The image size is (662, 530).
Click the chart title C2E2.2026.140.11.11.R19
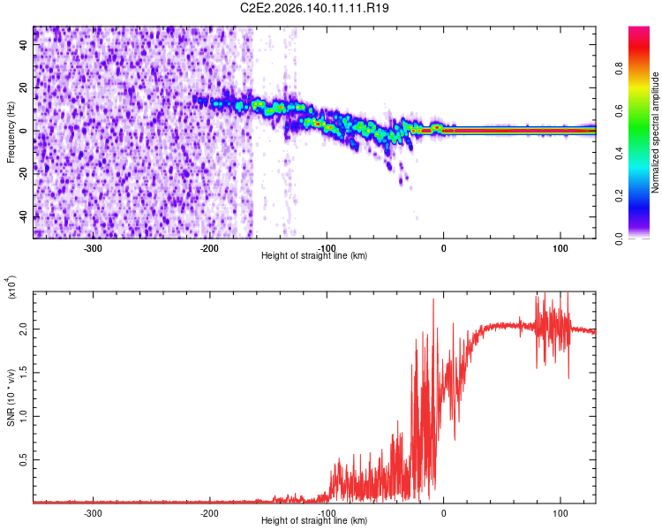pos(314,8)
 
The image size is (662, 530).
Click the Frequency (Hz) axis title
pos(11,132)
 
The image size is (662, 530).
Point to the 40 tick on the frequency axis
pos(23,44)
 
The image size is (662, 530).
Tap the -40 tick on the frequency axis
pos(23,217)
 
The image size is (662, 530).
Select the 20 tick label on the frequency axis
pos(23,88)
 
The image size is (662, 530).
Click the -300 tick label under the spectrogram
pos(93,248)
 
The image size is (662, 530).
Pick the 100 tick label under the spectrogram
pos(560,248)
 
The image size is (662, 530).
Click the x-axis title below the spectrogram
pos(314,255)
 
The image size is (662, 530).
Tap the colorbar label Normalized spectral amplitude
pos(655,132)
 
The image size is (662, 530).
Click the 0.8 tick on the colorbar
pos(620,68)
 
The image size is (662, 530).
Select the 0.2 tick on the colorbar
pos(620,196)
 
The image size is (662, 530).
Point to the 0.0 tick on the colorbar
pos(620,238)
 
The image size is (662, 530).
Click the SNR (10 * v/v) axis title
pos(11,397)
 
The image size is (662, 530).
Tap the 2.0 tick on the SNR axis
pos(23,329)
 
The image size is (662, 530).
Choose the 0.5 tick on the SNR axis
pos(23,460)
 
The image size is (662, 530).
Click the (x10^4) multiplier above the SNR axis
pos(11,288)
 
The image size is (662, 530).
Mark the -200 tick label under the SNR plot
pos(209,513)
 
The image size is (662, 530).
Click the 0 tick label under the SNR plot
pos(443,513)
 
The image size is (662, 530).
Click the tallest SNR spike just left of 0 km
pos(433,299)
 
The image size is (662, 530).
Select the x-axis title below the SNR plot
pos(314,520)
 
